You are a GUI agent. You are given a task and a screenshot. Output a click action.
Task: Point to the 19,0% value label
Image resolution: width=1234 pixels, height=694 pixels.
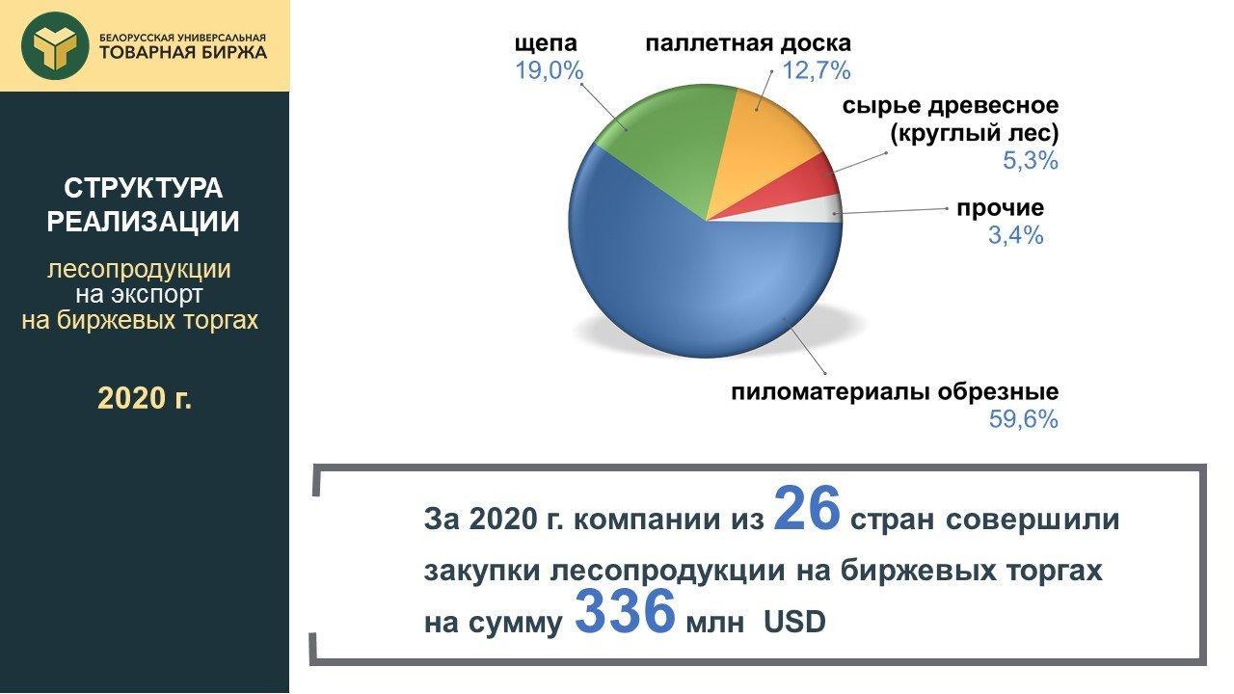coord(549,71)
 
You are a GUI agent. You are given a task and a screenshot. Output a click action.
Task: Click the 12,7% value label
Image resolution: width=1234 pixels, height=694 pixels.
coord(817,71)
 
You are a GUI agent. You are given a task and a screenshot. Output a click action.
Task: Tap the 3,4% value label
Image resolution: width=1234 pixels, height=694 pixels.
coord(1015,236)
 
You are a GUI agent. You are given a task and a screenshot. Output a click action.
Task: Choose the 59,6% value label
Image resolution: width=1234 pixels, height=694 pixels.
coord(1024,419)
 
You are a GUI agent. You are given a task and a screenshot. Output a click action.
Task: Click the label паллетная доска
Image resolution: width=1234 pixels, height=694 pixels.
coord(748,43)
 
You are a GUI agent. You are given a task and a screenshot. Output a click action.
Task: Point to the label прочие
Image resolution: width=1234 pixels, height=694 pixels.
coord(1000,209)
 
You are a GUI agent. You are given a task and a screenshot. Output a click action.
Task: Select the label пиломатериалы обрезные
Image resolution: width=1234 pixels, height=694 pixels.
coord(895,392)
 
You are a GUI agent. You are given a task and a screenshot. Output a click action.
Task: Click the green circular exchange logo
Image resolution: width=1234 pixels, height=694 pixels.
coord(55,45)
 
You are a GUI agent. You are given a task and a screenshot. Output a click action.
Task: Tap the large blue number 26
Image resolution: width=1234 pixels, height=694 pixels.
coord(807,509)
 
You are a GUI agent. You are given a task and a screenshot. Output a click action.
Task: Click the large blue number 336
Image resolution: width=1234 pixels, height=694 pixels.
coord(625,611)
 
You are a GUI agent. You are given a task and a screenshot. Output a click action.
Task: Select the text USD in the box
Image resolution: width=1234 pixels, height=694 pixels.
coord(794,623)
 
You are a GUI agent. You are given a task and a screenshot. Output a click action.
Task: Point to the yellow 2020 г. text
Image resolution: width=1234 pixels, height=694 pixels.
coord(145,398)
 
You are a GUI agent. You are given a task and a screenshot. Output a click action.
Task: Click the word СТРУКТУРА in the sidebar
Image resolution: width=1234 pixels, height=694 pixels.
coord(144,188)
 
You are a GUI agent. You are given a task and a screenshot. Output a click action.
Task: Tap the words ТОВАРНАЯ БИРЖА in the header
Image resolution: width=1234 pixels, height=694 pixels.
coord(183,52)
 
